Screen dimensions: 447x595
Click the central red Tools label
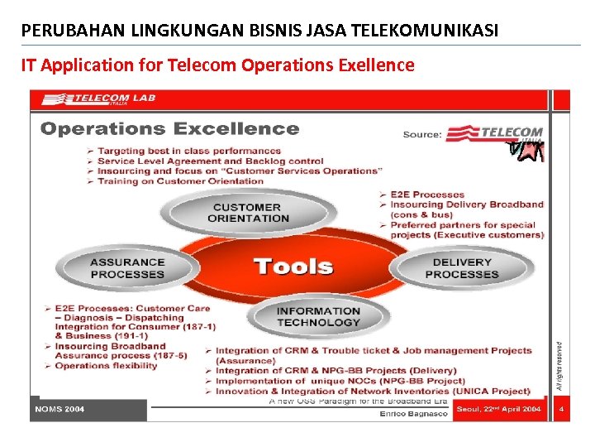(293, 267)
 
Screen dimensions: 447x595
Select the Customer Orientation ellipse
(248, 213)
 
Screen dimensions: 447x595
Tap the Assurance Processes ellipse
(127, 268)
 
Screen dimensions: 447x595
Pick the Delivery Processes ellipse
(461, 268)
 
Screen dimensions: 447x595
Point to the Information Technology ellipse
(318, 316)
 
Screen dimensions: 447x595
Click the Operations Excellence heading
(169, 128)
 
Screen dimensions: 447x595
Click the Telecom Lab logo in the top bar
(99, 99)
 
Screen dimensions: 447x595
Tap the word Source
(422, 134)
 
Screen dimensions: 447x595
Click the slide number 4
(561, 409)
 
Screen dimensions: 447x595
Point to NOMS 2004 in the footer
(59, 409)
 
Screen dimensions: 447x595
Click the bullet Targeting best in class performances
(189, 151)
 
